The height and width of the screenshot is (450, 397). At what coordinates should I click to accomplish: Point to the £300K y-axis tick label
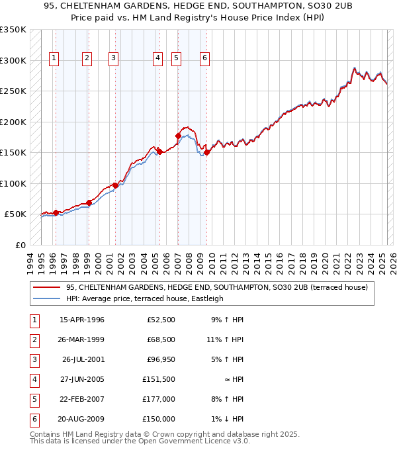click(x=13, y=61)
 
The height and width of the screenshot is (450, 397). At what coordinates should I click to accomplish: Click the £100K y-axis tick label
click(x=13, y=183)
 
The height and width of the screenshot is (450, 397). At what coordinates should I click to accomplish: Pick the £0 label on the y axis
click(x=20, y=245)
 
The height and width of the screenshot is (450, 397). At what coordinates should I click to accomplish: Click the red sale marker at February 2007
click(x=178, y=136)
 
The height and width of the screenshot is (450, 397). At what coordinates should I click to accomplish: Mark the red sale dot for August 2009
click(x=206, y=153)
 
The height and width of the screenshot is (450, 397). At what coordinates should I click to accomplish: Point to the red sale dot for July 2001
click(x=115, y=185)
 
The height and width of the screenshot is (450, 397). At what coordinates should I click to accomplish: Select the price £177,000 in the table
click(x=158, y=399)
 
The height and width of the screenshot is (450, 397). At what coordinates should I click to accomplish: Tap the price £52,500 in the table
click(x=161, y=320)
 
